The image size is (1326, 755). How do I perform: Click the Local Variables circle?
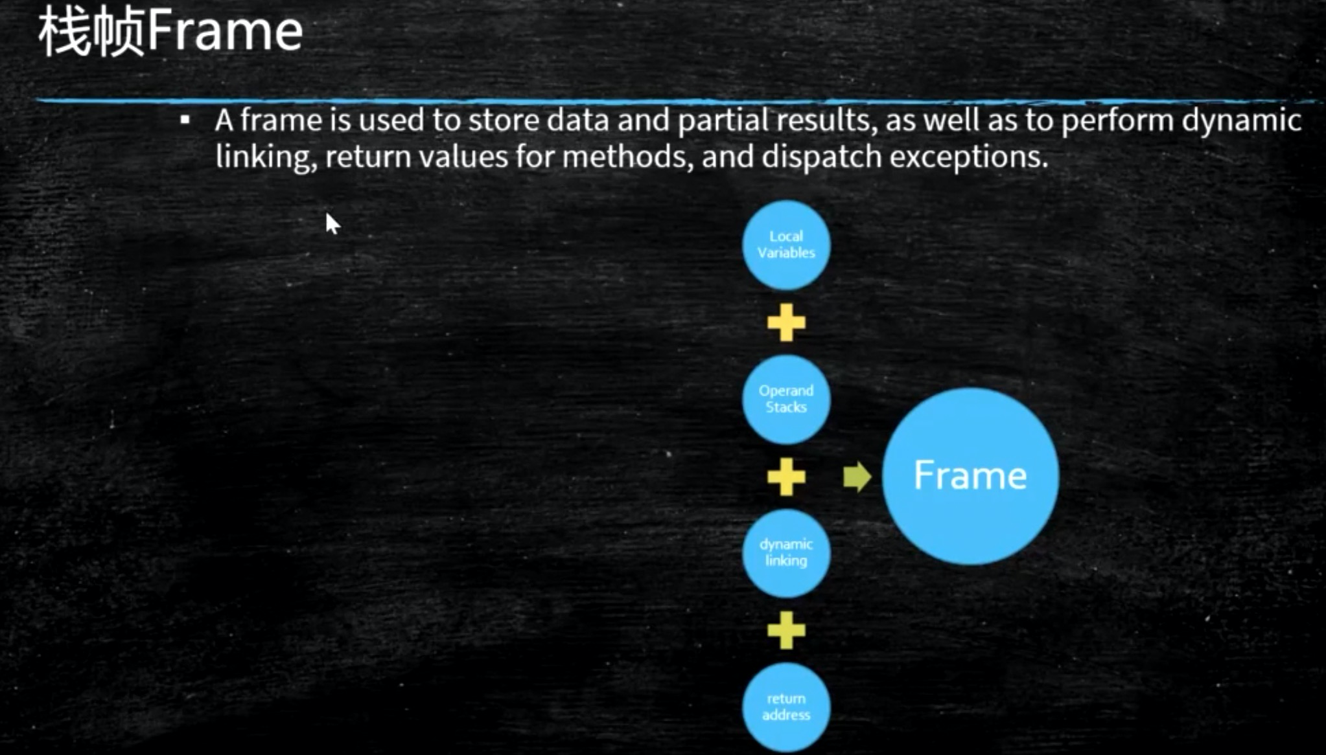point(786,245)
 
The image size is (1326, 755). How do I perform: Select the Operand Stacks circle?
point(786,399)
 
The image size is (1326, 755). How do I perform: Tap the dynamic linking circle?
point(786,553)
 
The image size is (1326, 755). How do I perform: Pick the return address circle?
point(786,707)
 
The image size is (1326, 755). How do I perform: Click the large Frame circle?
point(970,476)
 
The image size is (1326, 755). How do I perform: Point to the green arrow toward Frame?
point(857,477)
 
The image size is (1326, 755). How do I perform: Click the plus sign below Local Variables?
point(786,322)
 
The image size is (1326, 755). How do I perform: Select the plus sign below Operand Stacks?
point(786,477)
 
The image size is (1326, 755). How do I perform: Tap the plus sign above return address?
point(786,630)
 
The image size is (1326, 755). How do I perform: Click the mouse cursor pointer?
point(332,223)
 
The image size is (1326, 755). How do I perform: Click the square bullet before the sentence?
point(185,120)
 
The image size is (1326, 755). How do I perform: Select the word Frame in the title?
point(225,30)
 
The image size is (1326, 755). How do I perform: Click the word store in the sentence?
point(504,120)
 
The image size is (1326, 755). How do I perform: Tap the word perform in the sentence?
point(1117,121)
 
